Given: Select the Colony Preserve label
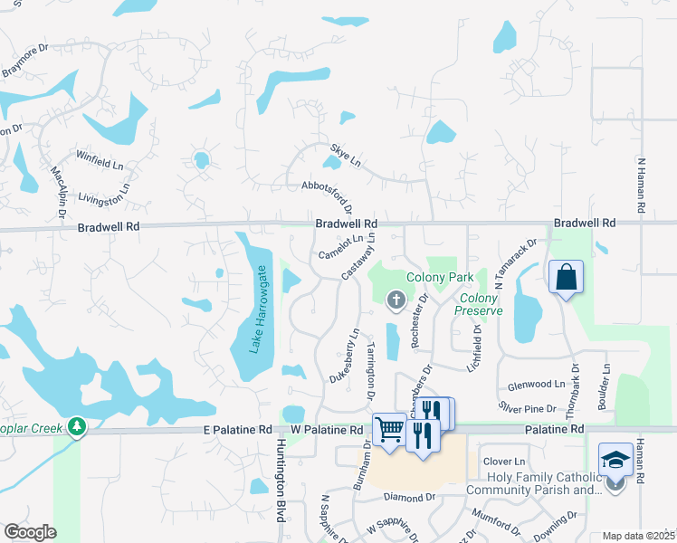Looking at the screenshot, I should [479, 304].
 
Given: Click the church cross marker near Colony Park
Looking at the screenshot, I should [395, 300].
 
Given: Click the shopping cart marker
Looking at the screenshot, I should [389, 429].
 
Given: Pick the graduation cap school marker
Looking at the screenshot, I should [615, 459].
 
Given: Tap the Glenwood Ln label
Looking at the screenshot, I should [538, 383].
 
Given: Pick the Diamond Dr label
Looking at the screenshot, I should [409, 497].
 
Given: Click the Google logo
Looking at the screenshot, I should [30, 532].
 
